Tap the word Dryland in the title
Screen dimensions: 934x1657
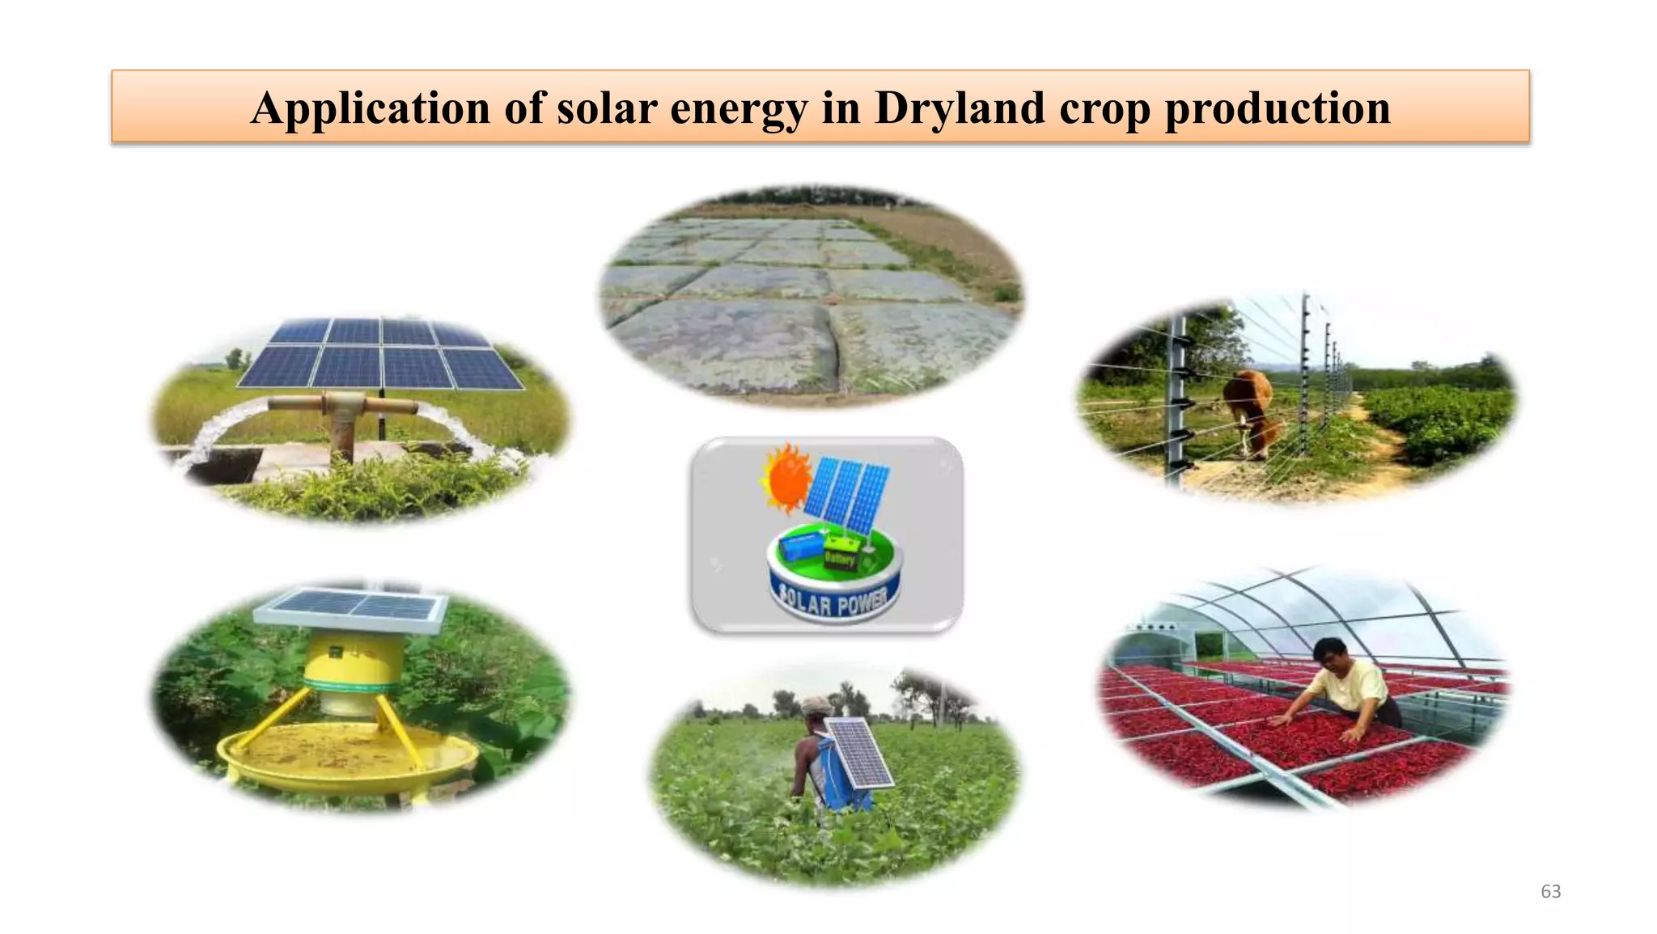click(x=960, y=108)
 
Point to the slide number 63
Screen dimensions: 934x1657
click(x=1550, y=891)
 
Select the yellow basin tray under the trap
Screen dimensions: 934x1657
click(x=348, y=756)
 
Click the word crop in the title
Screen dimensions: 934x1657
click(x=1104, y=108)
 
